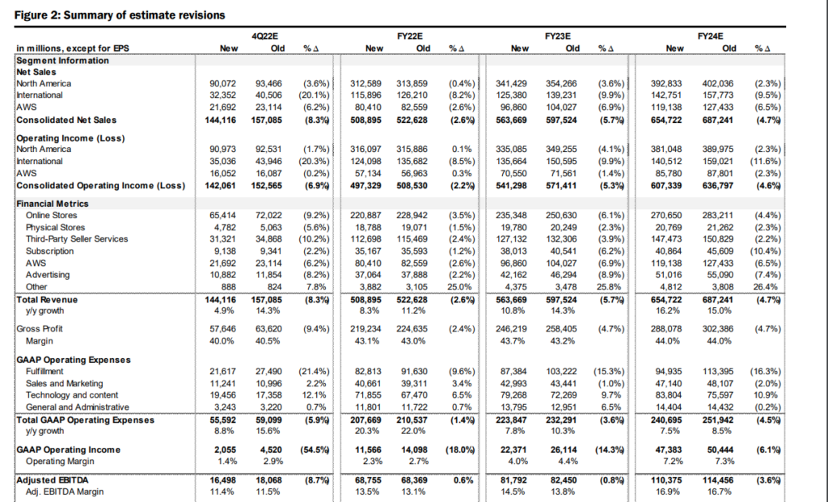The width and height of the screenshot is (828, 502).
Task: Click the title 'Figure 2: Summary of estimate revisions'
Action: click(120, 15)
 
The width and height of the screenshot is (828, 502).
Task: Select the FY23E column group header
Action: click(558, 36)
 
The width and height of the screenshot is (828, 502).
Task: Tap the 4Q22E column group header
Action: click(264, 36)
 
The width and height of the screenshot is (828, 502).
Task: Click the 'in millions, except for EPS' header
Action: click(73, 49)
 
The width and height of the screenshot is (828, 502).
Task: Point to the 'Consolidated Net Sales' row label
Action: click(66, 120)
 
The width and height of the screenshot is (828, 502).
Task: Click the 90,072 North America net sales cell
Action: click(222, 84)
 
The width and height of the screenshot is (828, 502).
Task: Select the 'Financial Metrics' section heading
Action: click(53, 204)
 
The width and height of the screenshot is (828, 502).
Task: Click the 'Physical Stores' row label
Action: click(56, 227)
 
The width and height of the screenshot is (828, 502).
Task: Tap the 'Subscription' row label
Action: click(49, 251)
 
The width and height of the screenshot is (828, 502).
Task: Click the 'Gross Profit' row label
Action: click(40, 329)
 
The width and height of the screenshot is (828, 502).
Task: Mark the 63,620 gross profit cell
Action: click(268, 329)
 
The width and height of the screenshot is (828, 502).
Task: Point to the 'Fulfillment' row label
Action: click(44, 372)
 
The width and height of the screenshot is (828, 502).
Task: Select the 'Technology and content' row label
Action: click(72, 395)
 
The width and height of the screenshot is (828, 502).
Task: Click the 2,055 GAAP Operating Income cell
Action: click(225, 450)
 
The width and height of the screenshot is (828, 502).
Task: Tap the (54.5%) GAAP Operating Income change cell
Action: click(315, 450)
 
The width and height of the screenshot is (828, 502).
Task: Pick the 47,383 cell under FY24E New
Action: click(669, 450)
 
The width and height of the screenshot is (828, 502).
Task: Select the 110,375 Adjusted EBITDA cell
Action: click(666, 480)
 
